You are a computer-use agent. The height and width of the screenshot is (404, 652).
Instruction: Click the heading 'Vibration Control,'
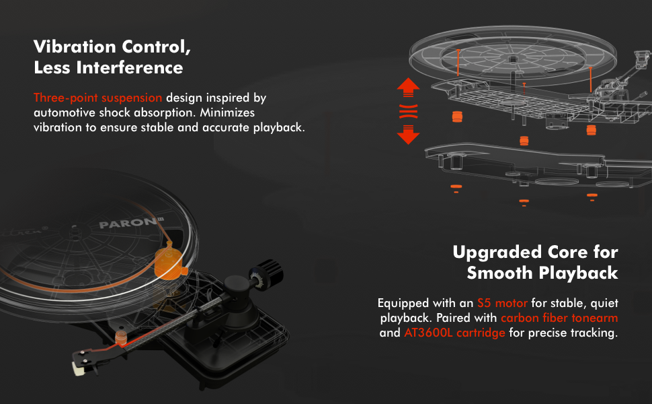[112, 47]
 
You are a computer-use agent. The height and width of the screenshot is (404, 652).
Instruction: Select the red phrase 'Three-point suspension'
[97, 98]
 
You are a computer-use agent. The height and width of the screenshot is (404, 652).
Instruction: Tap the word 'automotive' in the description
[65, 112]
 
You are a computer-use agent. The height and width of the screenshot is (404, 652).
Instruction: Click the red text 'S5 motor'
[502, 303]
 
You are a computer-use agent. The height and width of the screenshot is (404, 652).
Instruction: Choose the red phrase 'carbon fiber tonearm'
[559, 318]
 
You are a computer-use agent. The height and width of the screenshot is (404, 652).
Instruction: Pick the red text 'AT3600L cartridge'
[454, 333]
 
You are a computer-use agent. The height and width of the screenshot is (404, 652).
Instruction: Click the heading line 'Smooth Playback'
[542, 273]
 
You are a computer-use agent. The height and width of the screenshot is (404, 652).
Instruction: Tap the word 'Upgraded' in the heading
[497, 252]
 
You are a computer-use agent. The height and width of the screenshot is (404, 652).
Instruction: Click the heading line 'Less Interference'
[108, 68]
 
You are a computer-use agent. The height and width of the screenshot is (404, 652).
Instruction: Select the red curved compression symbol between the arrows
[408, 111]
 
